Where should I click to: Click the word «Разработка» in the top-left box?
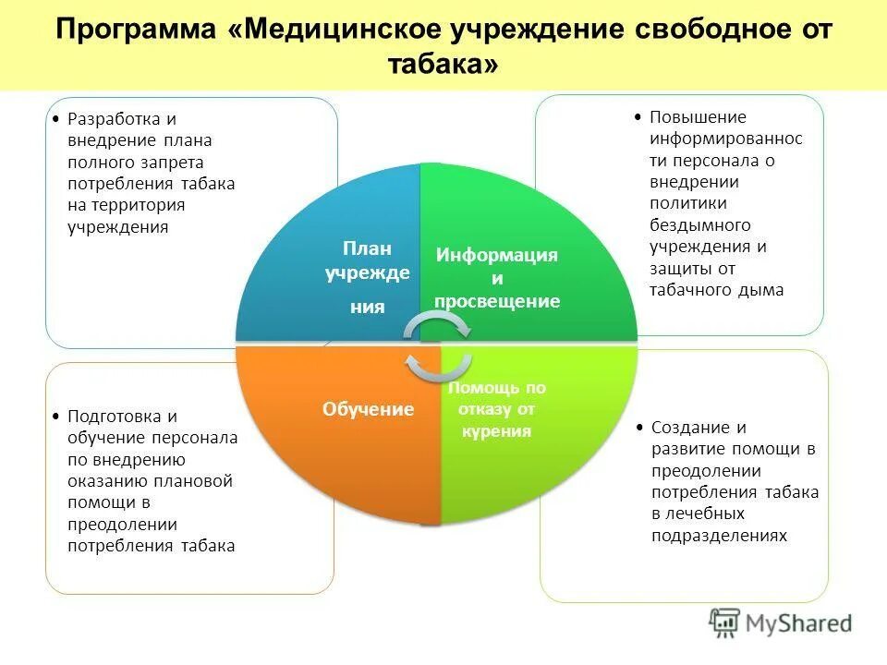point(111,119)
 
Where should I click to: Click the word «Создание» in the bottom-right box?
point(687,428)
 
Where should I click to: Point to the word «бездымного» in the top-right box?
point(699,225)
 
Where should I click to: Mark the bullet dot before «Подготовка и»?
point(58,417)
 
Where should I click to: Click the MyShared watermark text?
point(800,623)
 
